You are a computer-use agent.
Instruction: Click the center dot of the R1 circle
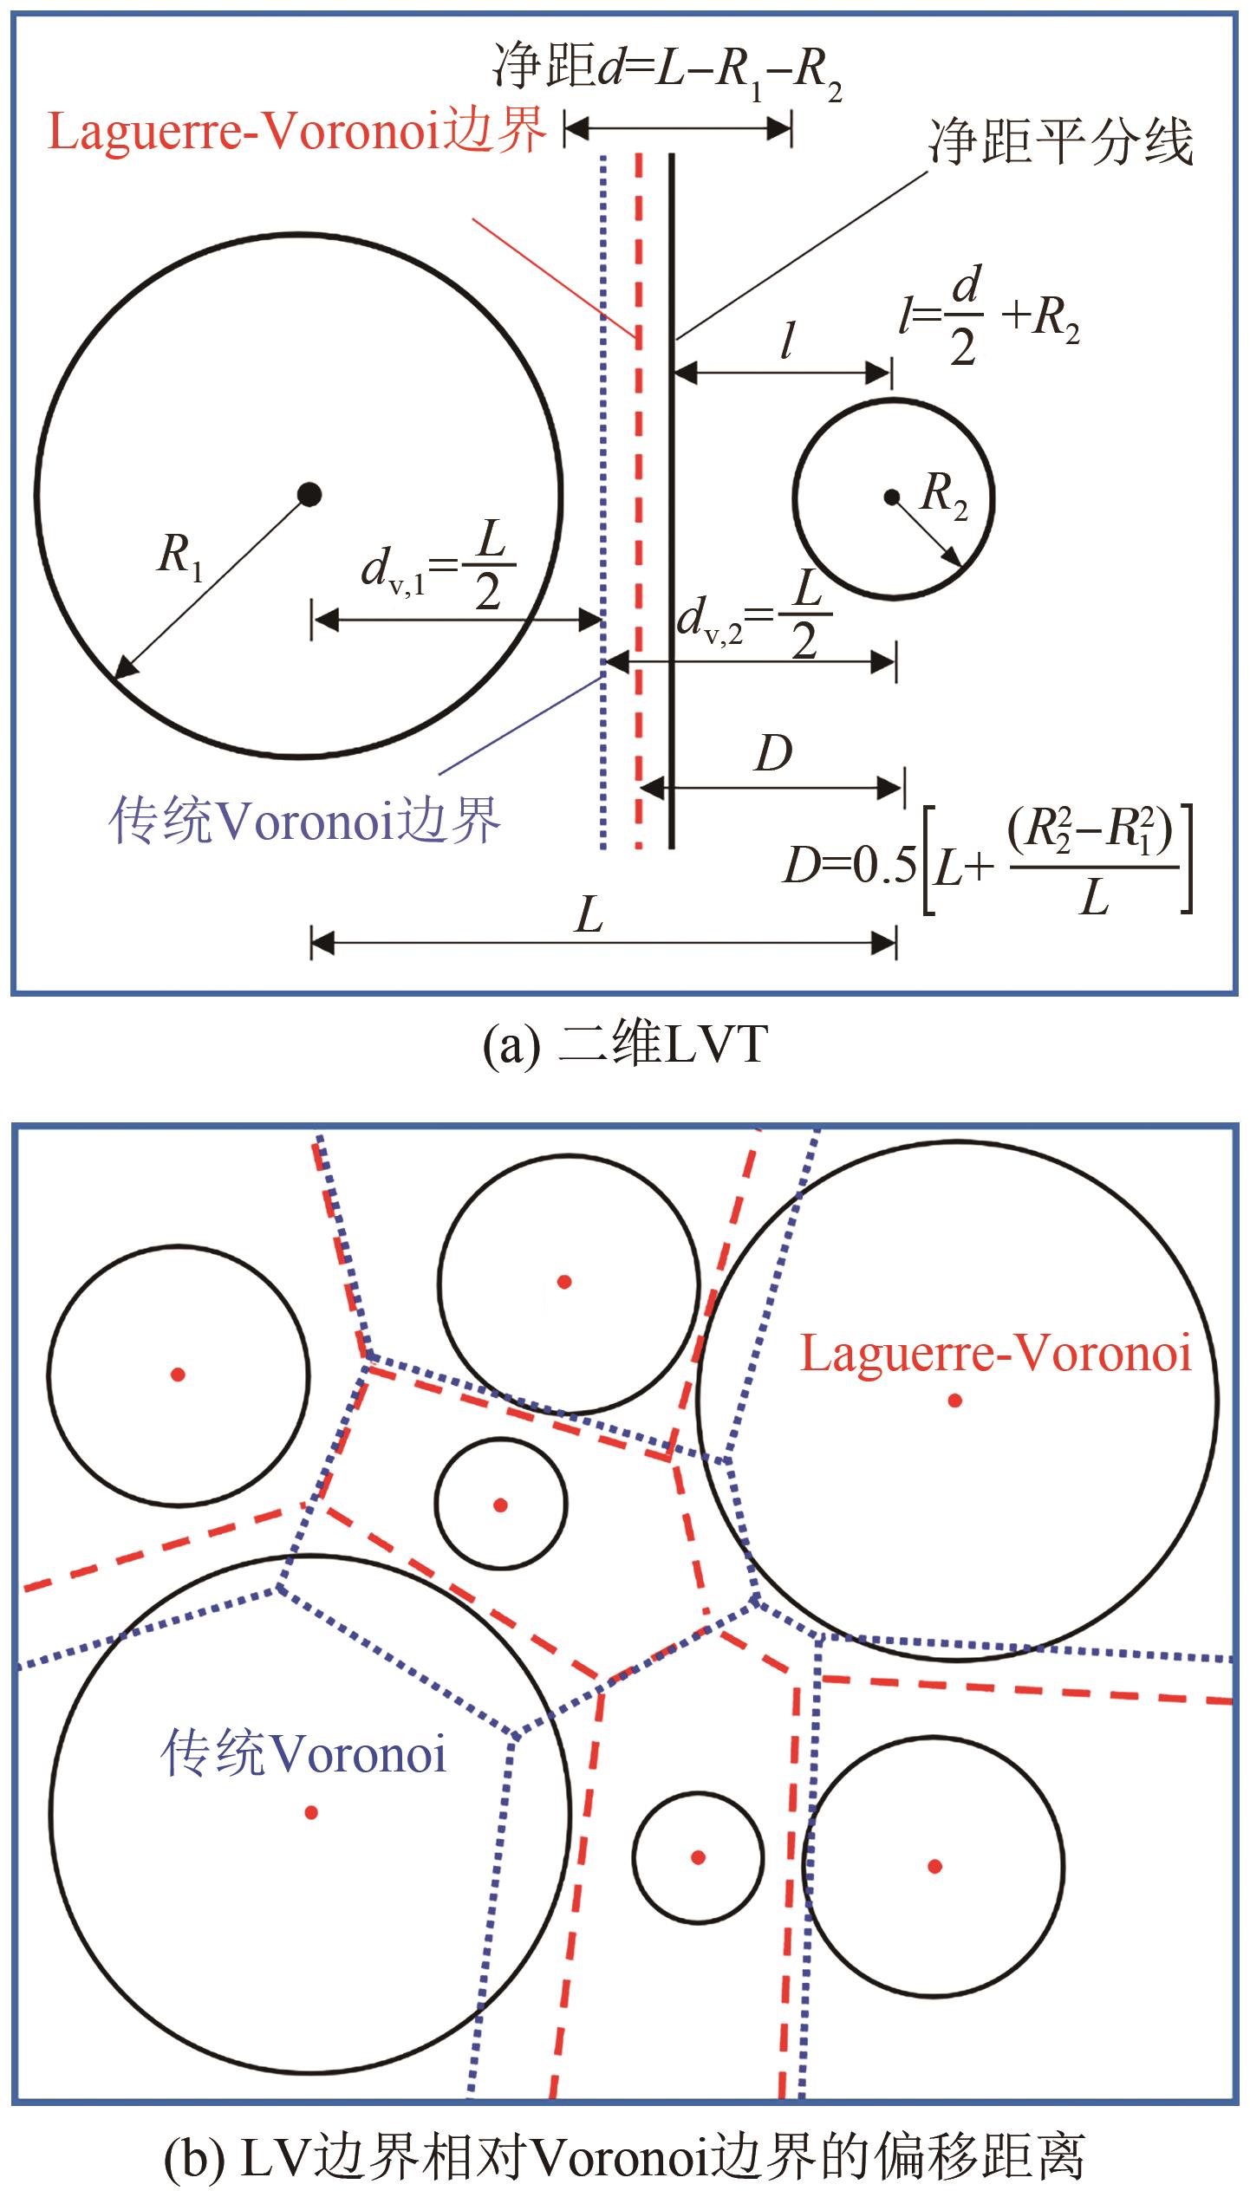click(x=309, y=495)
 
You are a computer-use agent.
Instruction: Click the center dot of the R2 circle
click(x=891, y=497)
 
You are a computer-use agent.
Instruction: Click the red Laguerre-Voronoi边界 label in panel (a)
click(x=297, y=131)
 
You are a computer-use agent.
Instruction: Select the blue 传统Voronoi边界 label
click(x=305, y=819)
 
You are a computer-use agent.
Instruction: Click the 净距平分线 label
click(x=1061, y=143)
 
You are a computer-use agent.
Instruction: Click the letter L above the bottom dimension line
click(x=589, y=915)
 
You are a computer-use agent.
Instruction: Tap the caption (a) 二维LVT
click(x=625, y=1044)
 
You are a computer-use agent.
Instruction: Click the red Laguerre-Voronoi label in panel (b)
click(x=995, y=1353)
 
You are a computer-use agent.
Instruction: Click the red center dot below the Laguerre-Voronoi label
click(x=954, y=1400)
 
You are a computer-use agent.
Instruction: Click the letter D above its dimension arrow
click(x=773, y=755)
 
